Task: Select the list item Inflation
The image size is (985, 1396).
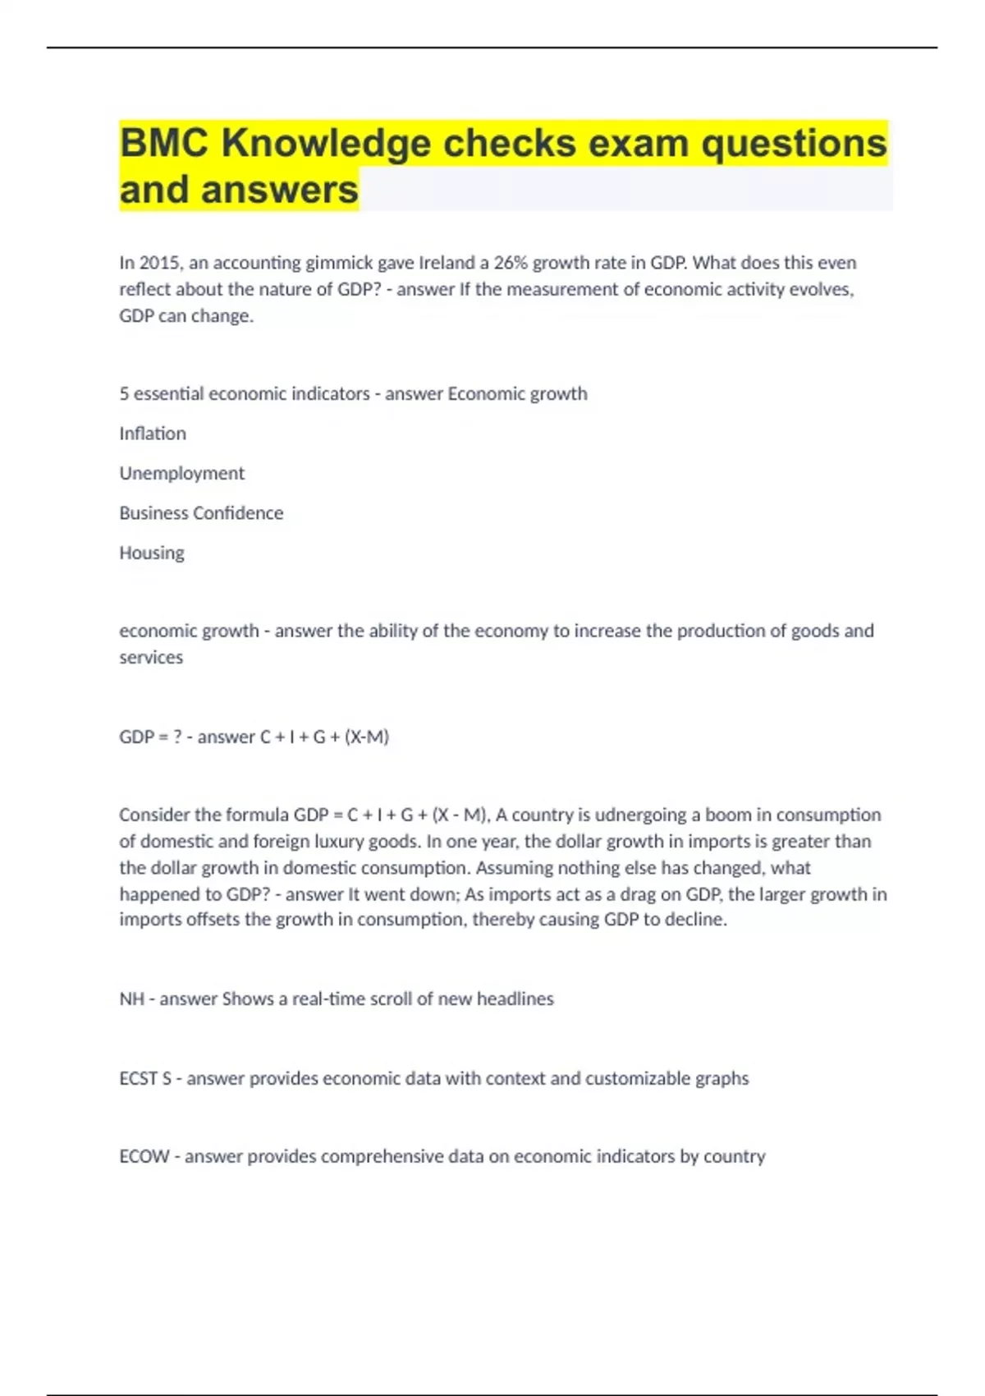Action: [153, 434]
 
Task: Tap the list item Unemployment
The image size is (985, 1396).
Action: [181, 474]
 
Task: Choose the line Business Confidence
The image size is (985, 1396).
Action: [201, 513]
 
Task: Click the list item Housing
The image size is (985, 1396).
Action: [152, 553]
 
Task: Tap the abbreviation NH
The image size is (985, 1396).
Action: [131, 999]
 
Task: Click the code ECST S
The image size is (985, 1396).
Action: [145, 1078]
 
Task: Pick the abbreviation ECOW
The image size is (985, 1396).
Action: [144, 1156]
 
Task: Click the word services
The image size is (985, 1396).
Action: [151, 658]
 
